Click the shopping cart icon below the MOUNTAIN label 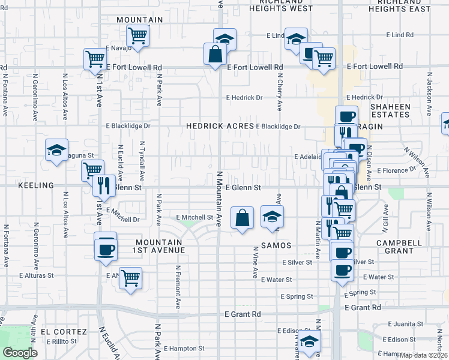click(x=139, y=35)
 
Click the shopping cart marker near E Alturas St click(x=130, y=277)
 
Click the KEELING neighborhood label click(x=37, y=186)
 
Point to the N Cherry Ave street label click(x=280, y=92)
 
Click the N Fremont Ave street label click(x=178, y=287)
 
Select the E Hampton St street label click(x=184, y=348)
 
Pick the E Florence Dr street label click(x=396, y=170)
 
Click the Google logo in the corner click(x=20, y=353)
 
